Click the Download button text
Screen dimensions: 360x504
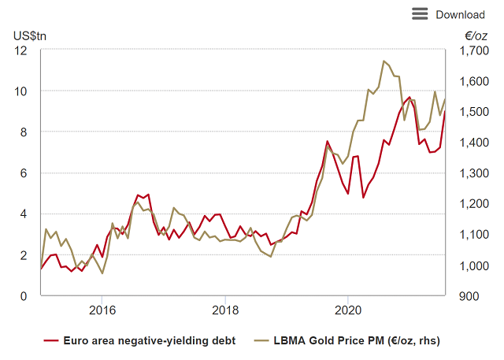coord(460,14)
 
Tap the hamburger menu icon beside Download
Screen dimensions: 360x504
coord(420,13)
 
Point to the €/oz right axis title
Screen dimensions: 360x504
coord(476,35)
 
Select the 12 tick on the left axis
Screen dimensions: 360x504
coord(21,50)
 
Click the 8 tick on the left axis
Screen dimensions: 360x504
coord(24,132)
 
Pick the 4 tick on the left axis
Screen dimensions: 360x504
coord(24,214)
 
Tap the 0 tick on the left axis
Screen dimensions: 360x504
coord(24,296)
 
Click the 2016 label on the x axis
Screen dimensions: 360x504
coord(102,310)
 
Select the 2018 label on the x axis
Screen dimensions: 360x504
coord(225,310)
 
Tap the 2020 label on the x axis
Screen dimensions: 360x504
coord(349,310)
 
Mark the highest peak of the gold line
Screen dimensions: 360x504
coord(384,61)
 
